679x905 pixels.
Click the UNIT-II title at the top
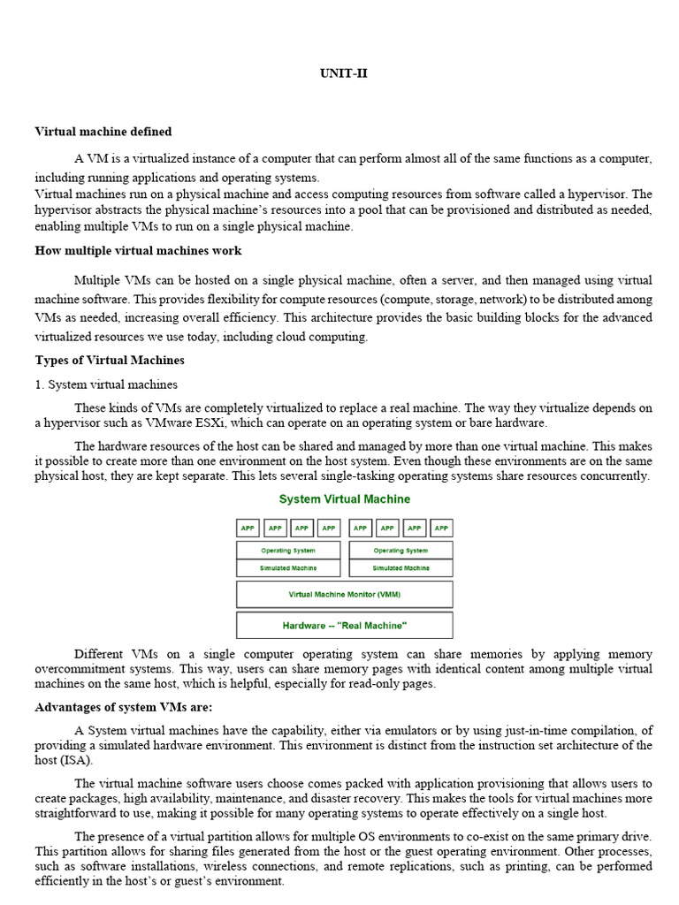point(343,74)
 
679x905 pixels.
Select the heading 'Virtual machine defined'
point(103,132)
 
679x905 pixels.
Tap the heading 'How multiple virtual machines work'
point(138,250)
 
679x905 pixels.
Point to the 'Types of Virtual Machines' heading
point(110,361)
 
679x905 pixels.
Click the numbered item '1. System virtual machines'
point(106,384)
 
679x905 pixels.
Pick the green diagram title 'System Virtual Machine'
point(344,499)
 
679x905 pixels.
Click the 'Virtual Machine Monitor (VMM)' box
point(344,595)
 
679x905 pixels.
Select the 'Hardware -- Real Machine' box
point(344,626)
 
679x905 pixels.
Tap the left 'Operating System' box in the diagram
point(288,551)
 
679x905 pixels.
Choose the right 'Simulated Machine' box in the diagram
point(401,568)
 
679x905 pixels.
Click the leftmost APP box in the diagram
point(248,529)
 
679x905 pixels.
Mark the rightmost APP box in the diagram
point(441,529)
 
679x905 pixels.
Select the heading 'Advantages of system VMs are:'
point(124,707)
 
